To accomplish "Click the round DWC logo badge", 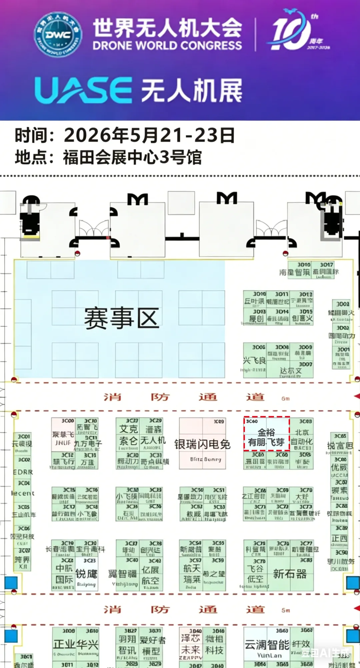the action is (58, 35).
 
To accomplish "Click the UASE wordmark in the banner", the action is (83, 90).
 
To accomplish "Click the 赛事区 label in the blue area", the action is (121, 318).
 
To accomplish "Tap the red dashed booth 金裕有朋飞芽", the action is (266, 437).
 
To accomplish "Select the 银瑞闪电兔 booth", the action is (202, 444).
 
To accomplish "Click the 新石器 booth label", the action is (290, 574).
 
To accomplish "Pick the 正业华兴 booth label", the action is (76, 644).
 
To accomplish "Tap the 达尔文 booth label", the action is (291, 370).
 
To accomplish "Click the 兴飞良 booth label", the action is (254, 361).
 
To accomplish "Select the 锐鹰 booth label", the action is (86, 574).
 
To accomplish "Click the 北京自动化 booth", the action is (301, 437).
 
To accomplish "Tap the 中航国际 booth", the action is (64, 574).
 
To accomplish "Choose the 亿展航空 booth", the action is (150, 575).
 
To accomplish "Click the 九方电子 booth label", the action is (88, 443).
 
